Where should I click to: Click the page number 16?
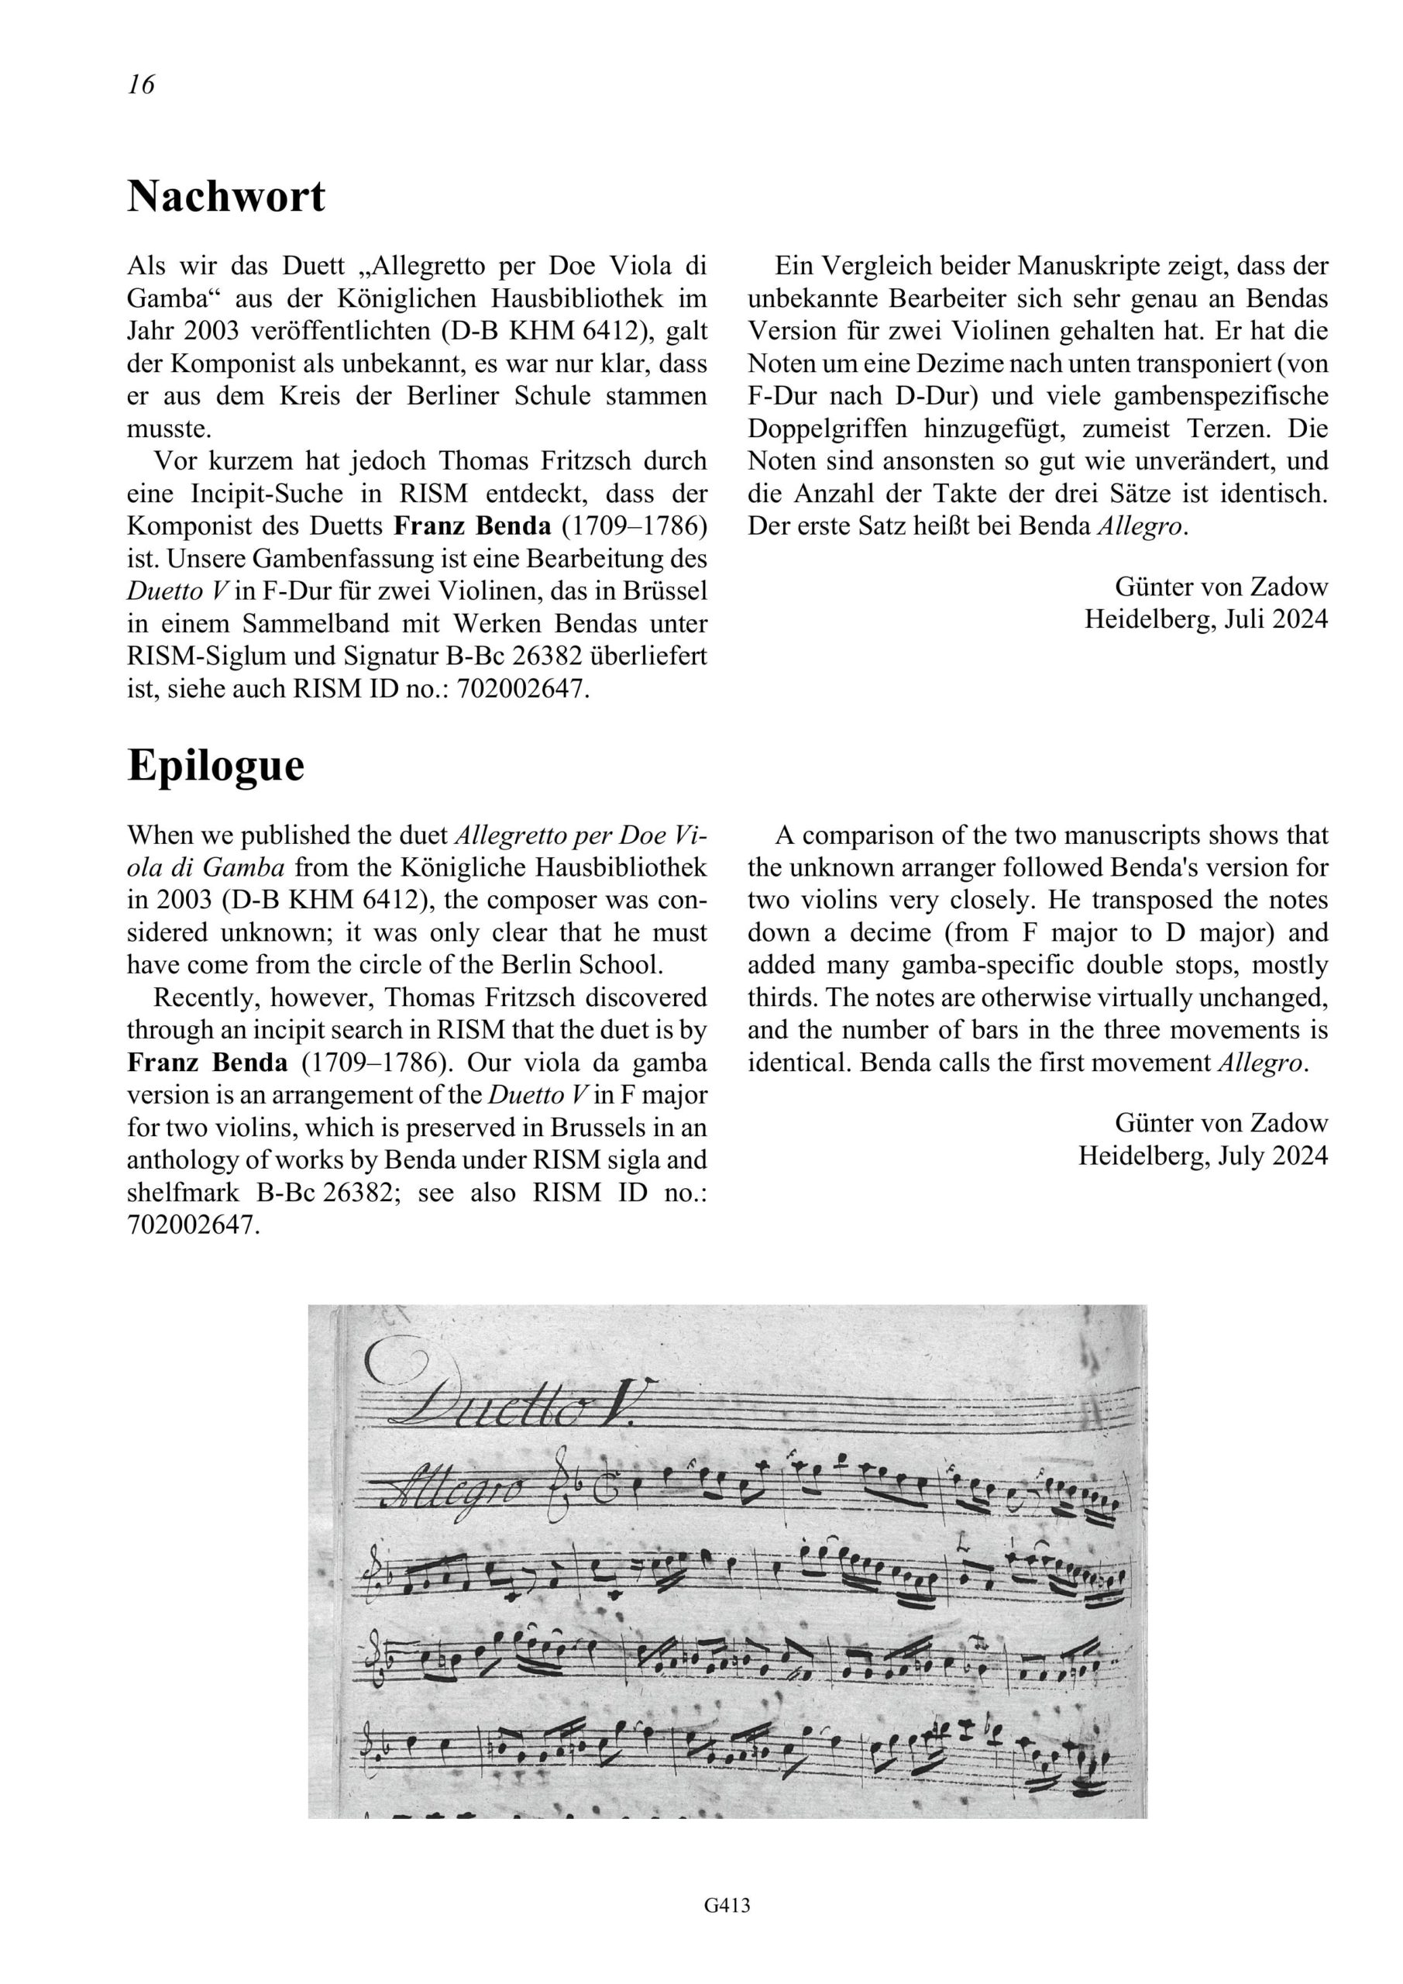141,84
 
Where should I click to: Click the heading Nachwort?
226,197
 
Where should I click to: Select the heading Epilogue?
216,766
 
